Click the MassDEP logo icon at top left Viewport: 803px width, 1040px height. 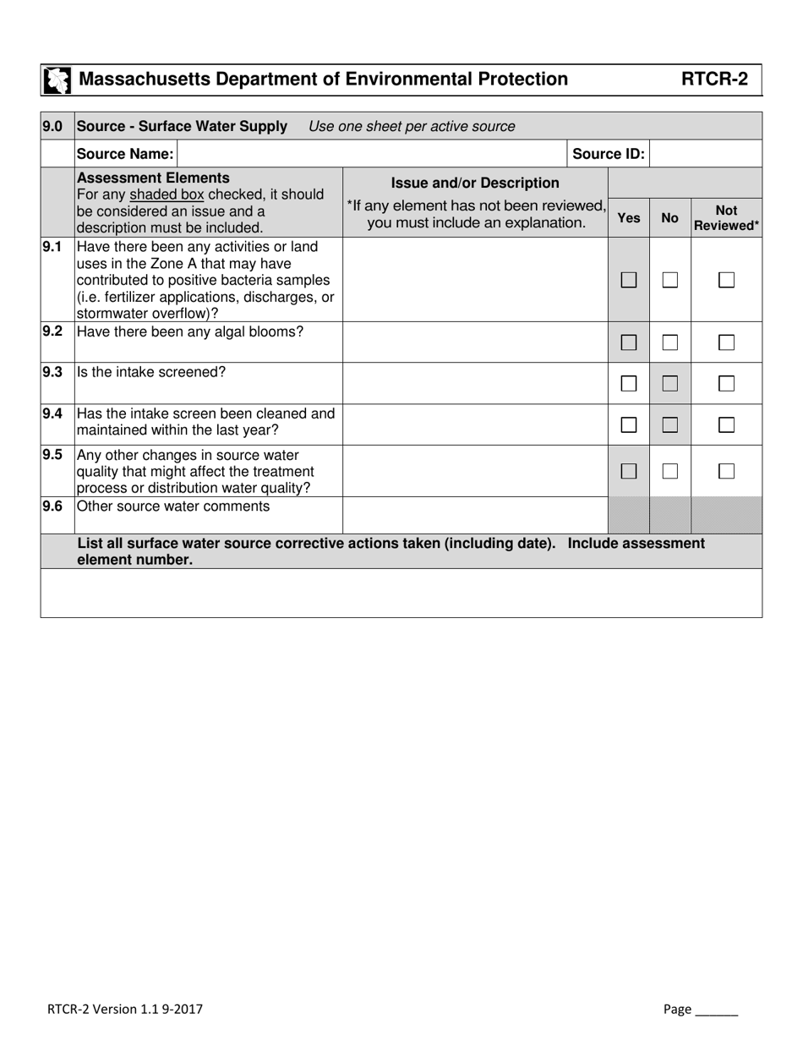point(57,80)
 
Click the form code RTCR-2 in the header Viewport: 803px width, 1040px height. point(715,79)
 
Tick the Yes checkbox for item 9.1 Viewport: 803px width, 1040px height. point(628,280)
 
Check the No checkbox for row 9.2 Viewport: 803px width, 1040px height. point(670,342)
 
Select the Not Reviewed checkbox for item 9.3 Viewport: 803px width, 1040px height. point(726,384)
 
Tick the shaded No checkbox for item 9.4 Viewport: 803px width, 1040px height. point(670,425)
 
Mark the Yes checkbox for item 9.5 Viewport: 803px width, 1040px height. point(628,471)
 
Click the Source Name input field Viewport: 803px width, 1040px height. point(372,154)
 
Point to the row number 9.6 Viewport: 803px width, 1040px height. point(52,506)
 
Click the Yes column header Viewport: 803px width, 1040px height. point(629,218)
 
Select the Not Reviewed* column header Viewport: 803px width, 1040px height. point(726,218)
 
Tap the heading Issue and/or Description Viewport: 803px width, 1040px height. point(475,183)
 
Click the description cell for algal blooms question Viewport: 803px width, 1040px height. point(475,342)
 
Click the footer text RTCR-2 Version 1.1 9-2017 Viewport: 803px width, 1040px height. point(125,1009)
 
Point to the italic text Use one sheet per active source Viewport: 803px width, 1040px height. point(412,127)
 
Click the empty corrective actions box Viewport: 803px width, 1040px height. point(401,593)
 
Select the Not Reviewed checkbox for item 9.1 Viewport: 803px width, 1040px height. point(726,280)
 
